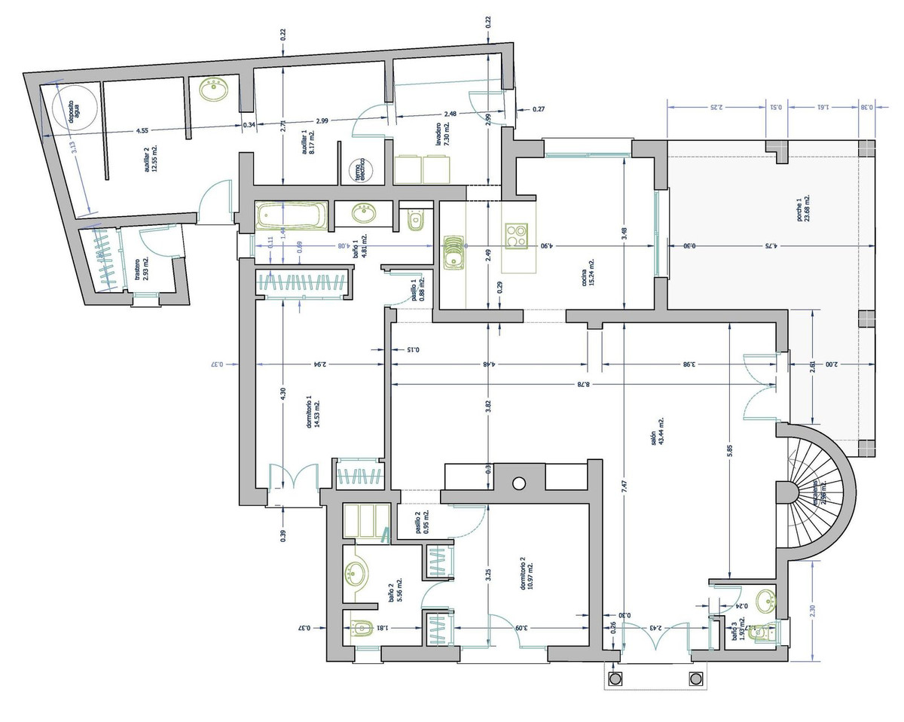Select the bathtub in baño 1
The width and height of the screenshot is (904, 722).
pos(292,217)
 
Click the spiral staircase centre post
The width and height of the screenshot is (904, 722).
pos(788,494)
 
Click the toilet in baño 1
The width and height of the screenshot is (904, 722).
pos(414,220)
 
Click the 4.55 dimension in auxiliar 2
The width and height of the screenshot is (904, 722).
pos(142,131)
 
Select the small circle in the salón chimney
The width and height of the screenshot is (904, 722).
pos(519,483)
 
